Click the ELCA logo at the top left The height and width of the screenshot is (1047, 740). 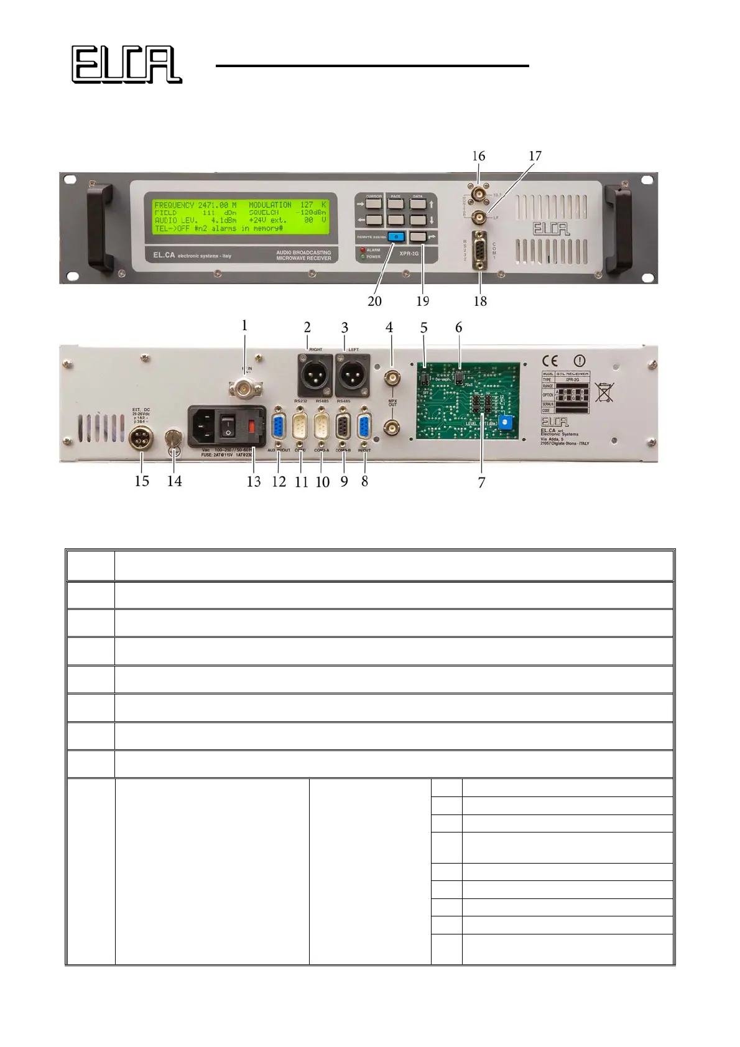point(126,64)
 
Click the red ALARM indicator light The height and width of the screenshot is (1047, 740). point(363,250)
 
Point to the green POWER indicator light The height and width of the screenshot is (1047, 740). point(363,256)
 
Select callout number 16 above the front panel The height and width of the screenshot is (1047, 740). point(478,156)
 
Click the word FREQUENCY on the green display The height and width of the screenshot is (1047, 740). point(174,205)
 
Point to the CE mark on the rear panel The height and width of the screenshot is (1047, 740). point(550,361)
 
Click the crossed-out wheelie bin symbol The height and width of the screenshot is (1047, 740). point(604,392)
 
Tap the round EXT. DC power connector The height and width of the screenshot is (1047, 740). point(142,441)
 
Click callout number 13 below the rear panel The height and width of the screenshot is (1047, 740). point(254,481)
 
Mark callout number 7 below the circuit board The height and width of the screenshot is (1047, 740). point(481,482)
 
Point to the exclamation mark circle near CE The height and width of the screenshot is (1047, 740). point(579,361)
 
